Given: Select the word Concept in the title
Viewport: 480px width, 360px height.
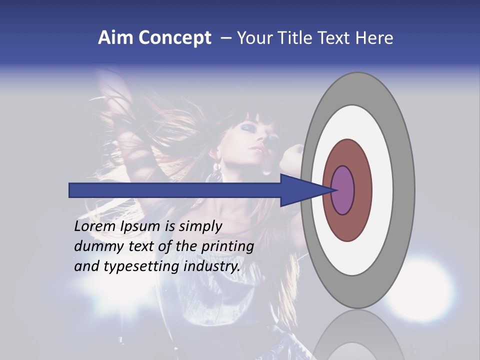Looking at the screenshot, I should (x=174, y=38).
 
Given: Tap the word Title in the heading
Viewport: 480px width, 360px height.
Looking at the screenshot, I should (x=296, y=38).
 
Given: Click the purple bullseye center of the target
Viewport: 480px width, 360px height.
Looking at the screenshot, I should (x=343, y=190).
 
